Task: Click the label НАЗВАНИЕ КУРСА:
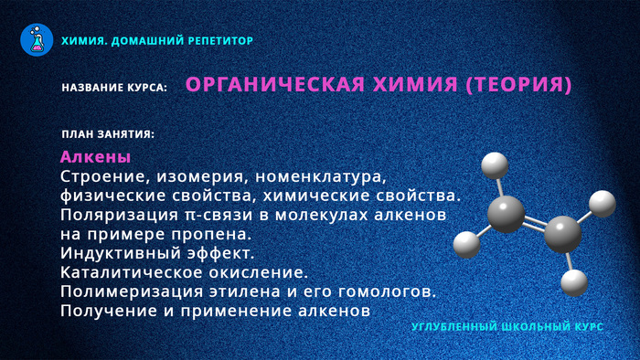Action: coord(114,88)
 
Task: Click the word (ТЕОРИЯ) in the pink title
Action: coord(518,85)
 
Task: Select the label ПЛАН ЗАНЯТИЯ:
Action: coord(108,134)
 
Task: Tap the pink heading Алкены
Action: coord(95,156)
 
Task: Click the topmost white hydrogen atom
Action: coord(494,165)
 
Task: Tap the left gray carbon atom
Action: coord(506,215)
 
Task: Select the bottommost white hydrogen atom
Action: coord(572,281)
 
